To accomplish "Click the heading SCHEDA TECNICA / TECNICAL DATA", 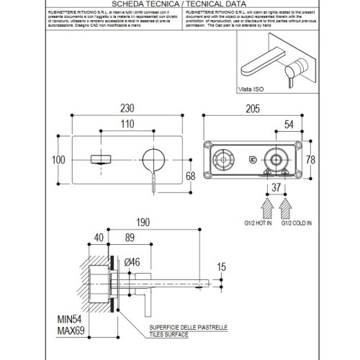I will coord(179,5).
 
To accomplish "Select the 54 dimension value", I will coord(288,125).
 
